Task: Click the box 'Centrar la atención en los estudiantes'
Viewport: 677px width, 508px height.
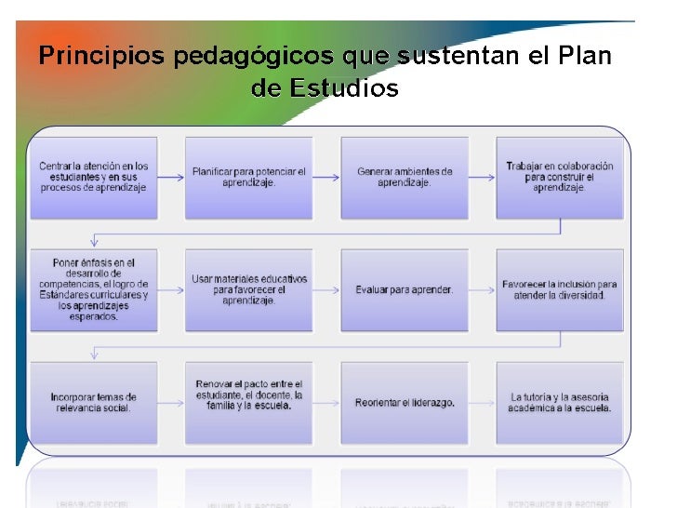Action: point(94,178)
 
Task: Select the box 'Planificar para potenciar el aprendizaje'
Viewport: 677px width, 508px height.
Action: point(248,178)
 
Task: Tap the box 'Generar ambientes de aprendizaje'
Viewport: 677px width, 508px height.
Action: point(405,178)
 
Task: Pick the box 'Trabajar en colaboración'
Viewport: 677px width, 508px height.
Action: point(559,178)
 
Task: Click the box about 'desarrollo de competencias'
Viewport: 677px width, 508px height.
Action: point(94,290)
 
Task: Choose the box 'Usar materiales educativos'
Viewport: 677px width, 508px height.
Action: point(248,290)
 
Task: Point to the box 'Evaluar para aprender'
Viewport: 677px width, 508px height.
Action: point(405,290)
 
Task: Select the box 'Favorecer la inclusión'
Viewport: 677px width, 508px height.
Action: point(559,290)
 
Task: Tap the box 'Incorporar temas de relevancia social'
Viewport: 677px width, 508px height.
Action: point(94,403)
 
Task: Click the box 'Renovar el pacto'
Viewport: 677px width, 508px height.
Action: point(248,403)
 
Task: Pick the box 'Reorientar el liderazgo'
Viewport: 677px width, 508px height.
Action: point(405,403)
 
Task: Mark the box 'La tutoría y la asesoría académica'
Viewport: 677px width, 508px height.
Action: point(559,403)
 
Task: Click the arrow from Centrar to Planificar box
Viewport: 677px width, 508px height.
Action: point(171,177)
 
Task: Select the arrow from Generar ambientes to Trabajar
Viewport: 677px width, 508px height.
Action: point(482,177)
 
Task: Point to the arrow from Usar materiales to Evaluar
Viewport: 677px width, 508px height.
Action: point(326,289)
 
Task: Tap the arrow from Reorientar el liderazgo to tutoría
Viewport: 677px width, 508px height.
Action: point(482,403)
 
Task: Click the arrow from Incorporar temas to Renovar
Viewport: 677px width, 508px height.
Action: point(171,403)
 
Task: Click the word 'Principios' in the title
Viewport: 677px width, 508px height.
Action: point(91,57)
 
